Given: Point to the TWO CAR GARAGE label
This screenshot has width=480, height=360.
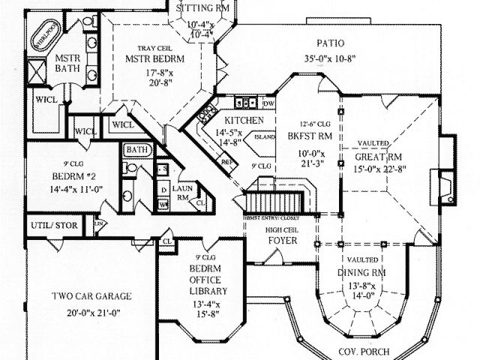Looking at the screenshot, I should tap(85, 295).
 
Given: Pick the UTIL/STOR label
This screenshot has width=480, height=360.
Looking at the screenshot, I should tap(54, 224).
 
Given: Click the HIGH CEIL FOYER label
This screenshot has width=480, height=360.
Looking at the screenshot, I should tap(283, 235).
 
